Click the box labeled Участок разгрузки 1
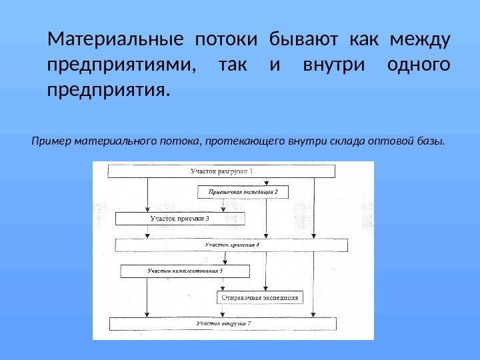pos(221,171)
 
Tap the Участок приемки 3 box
pos(179,218)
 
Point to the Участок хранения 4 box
pos(231,245)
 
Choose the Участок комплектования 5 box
pos(185,271)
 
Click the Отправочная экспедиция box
pos(259,297)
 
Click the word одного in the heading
pos(418,66)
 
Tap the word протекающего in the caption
pos(244,141)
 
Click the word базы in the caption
pos(429,141)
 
